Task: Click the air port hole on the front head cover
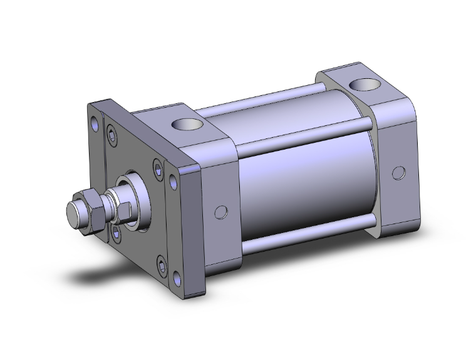tap(188, 126)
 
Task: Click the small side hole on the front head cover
tap(219, 212)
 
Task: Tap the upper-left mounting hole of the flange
tap(95, 123)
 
